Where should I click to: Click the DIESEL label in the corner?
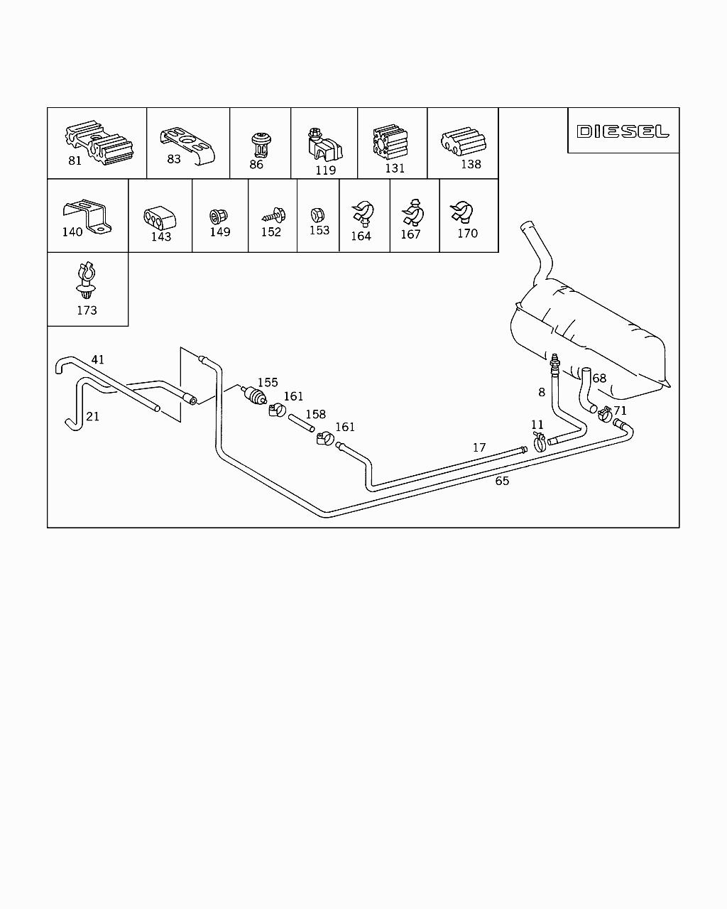click(623, 131)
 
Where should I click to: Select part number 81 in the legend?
click(75, 160)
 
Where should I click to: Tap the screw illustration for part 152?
click(272, 212)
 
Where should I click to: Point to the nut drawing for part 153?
click(319, 214)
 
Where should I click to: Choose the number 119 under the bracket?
click(325, 170)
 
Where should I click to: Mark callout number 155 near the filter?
click(268, 383)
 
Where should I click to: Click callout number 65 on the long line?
click(502, 481)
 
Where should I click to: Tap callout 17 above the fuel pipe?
click(479, 447)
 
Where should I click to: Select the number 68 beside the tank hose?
click(599, 378)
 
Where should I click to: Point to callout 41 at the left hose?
click(97, 359)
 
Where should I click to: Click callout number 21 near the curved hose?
click(92, 416)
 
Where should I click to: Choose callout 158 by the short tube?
click(315, 414)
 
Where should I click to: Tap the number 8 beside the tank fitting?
click(542, 391)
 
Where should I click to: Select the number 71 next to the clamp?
click(620, 410)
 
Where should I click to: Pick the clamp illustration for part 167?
click(412, 212)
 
